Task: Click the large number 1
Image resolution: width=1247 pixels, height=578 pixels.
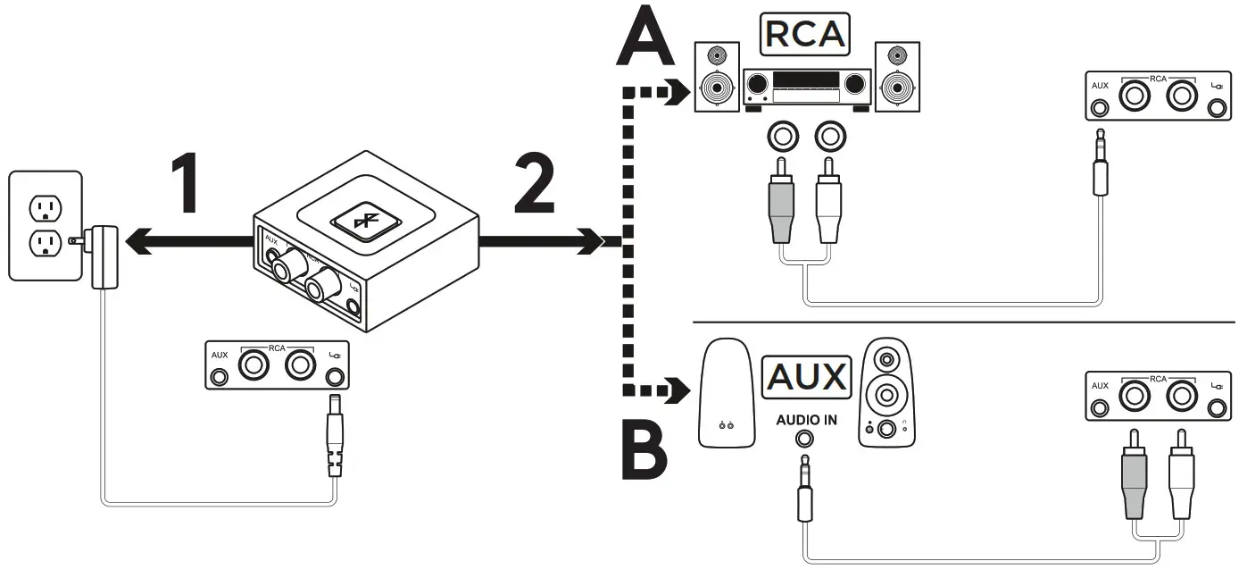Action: [185, 185]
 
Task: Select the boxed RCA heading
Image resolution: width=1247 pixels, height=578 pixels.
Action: [804, 33]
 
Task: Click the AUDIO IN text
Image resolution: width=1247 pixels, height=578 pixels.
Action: [806, 419]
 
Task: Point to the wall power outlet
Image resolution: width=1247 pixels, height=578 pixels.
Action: [45, 225]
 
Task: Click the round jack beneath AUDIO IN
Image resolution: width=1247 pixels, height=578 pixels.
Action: [806, 439]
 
